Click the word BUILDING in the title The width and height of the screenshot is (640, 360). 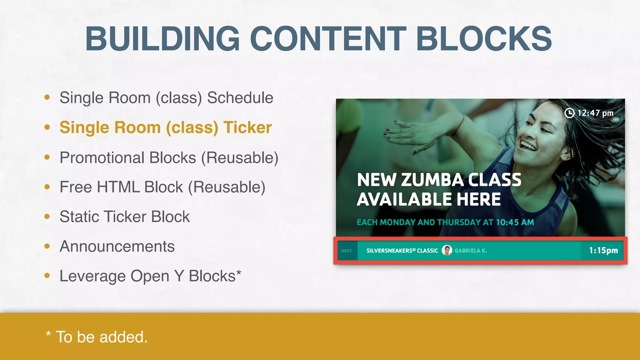tap(162, 39)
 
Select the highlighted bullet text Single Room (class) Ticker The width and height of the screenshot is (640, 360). tap(166, 127)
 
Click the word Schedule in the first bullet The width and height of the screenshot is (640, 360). tap(240, 98)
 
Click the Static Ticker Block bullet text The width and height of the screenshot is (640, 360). tap(125, 217)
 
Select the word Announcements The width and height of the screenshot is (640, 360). tap(117, 247)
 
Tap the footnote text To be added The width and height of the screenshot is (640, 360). tap(102, 337)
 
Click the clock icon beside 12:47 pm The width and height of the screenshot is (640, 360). tap(569, 113)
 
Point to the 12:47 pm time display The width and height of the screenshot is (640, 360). tap(595, 113)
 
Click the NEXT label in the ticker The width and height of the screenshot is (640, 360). tap(347, 251)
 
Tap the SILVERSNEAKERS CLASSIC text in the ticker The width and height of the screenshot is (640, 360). tap(402, 251)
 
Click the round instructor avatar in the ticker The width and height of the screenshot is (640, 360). tap(447, 250)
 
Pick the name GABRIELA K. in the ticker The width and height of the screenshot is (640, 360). tap(471, 251)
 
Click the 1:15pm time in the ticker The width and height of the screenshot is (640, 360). tap(603, 250)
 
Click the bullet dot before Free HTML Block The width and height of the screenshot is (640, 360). tap(47, 187)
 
